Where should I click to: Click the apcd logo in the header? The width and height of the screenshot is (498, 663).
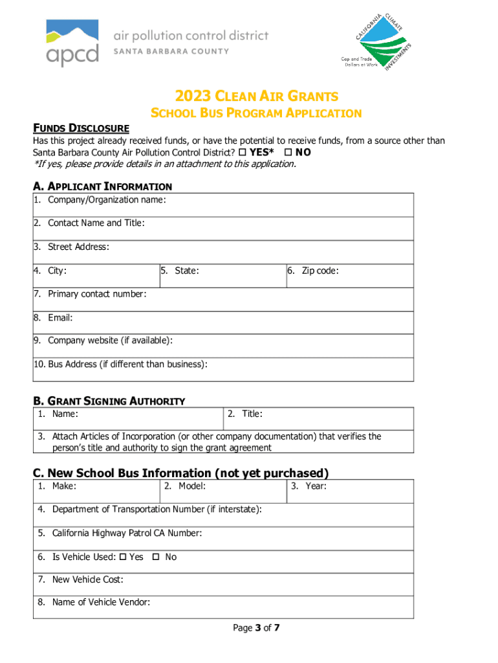pos(72,42)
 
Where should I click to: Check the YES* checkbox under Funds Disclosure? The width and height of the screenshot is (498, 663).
pos(243,152)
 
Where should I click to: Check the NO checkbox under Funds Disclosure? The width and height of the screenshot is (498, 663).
pos(288,152)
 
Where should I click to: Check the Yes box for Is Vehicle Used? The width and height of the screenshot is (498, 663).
pos(124,557)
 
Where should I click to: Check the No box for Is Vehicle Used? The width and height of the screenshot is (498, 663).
pos(155,557)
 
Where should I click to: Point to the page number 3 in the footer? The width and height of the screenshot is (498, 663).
pos(256,627)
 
